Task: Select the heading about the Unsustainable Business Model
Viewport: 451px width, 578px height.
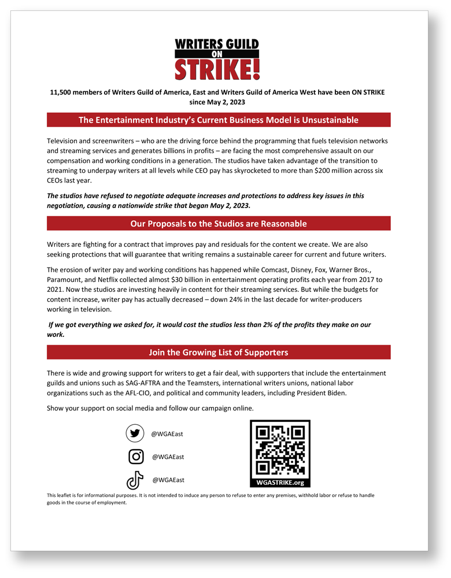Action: pyautogui.click(x=219, y=120)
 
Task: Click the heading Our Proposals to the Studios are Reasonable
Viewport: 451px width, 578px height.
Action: pyautogui.click(x=219, y=224)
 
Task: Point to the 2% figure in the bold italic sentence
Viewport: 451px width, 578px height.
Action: pyautogui.click(x=266, y=325)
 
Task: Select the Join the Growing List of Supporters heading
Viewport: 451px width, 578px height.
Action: pyautogui.click(x=219, y=352)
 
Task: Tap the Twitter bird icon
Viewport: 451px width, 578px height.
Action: pyautogui.click(x=135, y=433)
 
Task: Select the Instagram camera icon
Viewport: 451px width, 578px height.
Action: pyautogui.click(x=136, y=457)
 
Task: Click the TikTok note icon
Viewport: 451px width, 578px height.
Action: pyautogui.click(x=135, y=480)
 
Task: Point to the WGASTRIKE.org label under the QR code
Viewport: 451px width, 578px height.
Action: pyautogui.click(x=280, y=482)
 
